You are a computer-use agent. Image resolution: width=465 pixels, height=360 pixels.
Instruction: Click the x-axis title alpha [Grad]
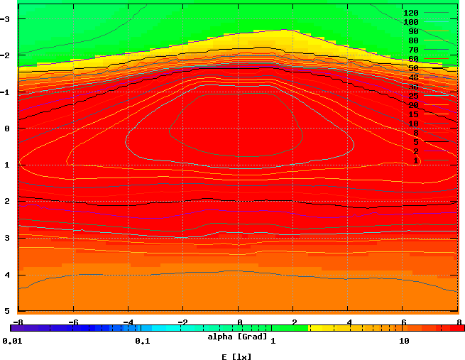click(237, 336)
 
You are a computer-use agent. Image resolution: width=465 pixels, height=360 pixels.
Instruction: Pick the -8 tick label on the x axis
click(18, 322)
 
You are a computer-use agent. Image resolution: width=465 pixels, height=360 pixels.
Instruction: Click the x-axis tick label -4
click(128, 322)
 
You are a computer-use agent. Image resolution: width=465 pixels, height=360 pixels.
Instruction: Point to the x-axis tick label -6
click(72, 322)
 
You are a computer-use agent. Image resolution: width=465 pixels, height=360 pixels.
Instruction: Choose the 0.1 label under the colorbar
click(142, 341)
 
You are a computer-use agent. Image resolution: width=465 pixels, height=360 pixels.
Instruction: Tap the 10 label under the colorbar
click(405, 341)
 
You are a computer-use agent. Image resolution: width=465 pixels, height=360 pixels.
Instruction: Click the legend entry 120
click(410, 13)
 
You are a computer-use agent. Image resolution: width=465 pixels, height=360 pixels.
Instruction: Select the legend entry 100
click(410, 22)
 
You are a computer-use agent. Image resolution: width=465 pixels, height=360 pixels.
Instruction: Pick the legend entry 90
click(413, 31)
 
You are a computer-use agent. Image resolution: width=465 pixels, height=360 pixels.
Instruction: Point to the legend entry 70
click(413, 50)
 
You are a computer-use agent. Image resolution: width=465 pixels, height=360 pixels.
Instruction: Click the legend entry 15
click(413, 114)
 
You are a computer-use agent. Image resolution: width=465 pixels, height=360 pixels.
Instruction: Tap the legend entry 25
click(413, 96)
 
